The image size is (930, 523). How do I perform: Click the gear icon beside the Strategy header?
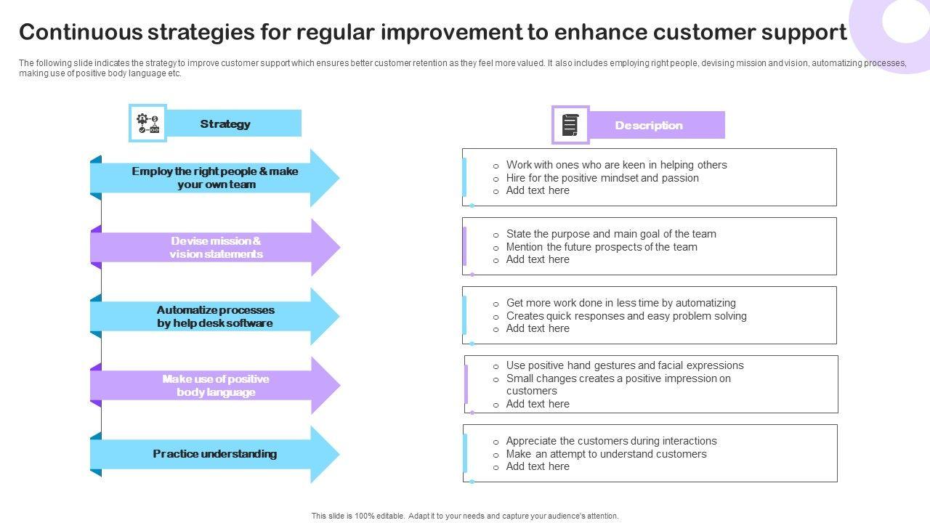147,123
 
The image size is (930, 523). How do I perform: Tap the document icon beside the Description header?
570,125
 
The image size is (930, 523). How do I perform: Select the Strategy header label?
225,124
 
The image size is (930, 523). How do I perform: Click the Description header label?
649,126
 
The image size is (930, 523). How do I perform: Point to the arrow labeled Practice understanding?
214,454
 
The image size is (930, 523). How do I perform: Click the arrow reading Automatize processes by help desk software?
215,317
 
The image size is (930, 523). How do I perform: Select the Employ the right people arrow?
215,178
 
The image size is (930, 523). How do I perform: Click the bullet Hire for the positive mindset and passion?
602,178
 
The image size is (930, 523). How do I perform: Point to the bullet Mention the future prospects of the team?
602,247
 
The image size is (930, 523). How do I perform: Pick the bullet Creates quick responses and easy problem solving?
626,316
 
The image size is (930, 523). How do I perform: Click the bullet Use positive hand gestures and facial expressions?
625,365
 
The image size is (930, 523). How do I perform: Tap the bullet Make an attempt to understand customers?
606,454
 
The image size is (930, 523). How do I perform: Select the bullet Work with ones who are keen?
616,165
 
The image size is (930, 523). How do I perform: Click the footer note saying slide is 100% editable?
465,516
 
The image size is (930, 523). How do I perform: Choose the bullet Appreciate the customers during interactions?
611,441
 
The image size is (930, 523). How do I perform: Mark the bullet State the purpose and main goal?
611,234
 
